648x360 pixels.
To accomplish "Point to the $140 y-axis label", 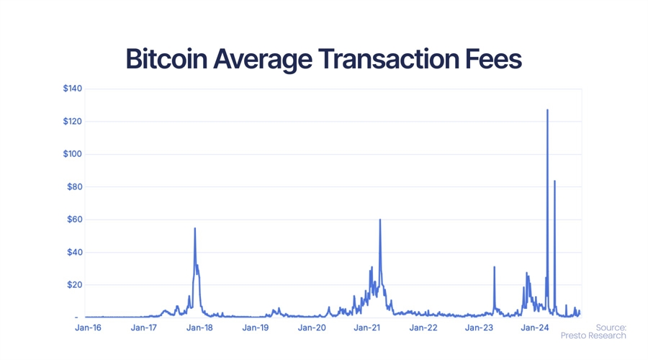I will [x=73, y=89].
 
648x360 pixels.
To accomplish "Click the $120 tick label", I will [x=73, y=121].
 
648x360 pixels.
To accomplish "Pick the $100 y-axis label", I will [x=73, y=154].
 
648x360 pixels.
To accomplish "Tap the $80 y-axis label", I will [x=75, y=186].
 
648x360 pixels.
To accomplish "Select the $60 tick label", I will [x=75, y=220].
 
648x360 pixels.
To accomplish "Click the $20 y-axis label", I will [x=75, y=285].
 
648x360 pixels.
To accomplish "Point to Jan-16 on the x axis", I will [x=88, y=328].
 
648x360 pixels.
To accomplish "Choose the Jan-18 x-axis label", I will [x=199, y=328].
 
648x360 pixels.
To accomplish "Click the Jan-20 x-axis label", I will [x=311, y=328].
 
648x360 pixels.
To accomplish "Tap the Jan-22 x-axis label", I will [x=423, y=328].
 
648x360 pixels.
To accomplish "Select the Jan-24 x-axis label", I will [x=534, y=328].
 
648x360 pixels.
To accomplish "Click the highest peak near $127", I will [x=547, y=110].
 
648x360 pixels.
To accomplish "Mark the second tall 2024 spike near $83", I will [x=554, y=181].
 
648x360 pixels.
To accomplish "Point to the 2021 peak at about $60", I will [x=380, y=220].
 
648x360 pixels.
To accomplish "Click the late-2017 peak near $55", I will [x=195, y=229].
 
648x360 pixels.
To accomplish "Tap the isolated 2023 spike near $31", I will [x=495, y=267].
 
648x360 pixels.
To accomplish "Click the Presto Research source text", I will [x=593, y=336].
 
